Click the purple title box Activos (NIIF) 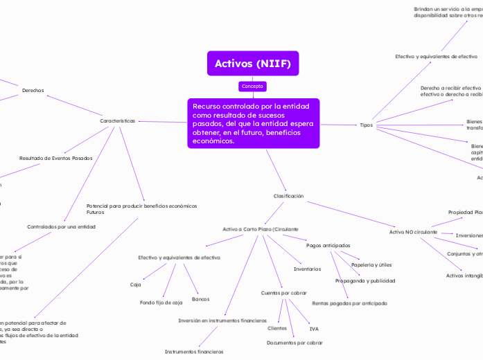(252, 64)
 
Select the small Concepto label (252, 87)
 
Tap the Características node (117, 121)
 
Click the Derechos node (33, 91)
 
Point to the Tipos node (367, 125)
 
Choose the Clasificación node (288, 196)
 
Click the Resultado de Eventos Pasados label (55, 158)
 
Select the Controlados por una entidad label (61, 226)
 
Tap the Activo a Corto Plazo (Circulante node (260, 228)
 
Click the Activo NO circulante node (413, 232)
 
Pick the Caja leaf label (136, 285)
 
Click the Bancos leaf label (200, 299)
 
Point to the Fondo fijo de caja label (161, 303)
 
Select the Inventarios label (307, 269)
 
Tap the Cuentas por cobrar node (283, 293)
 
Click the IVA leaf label (314, 328)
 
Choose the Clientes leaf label (277, 328)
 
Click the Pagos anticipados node (328, 245)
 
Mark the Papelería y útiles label (371, 264)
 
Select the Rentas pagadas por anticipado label (349, 303)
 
